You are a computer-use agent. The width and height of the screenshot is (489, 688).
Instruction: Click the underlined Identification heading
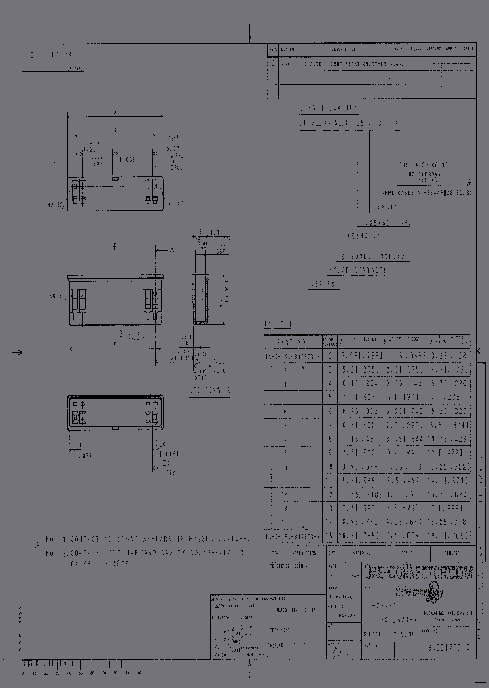click(329, 107)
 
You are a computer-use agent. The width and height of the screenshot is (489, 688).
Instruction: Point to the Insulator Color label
click(424, 165)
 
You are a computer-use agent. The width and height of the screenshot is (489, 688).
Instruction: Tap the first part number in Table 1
click(291, 356)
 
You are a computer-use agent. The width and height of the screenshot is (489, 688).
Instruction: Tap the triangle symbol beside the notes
click(38, 543)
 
